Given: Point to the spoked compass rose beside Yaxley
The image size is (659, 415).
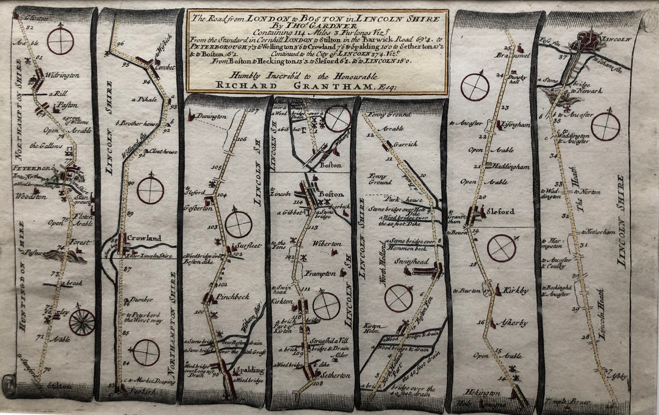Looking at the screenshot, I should [82, 322].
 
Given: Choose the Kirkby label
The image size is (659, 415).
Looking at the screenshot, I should [516, 290].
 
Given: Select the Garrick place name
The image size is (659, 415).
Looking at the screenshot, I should [406, 145].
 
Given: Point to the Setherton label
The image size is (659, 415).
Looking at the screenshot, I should [334, 375].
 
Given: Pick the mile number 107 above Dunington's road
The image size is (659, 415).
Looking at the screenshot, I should [254, 110].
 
